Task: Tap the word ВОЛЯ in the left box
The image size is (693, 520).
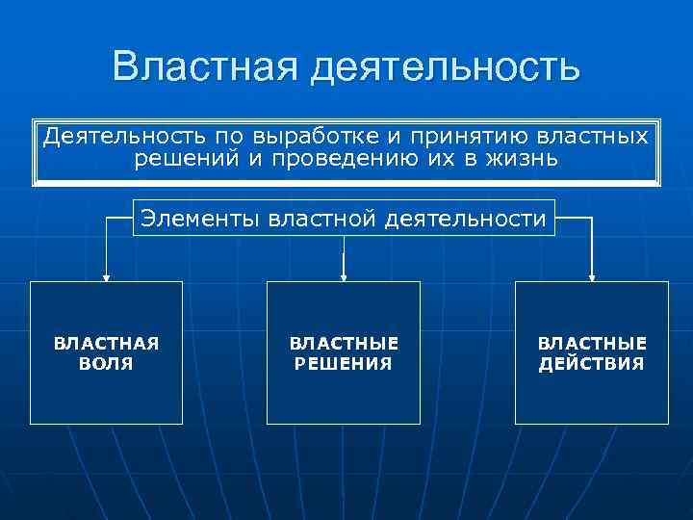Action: [x=106, y=364]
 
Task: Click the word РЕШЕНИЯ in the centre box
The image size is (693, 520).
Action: [x=344, y=364]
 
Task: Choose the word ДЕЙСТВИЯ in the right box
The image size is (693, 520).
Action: [x=592, y=364]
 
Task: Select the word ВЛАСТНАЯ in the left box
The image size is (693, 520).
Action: [x=106, y=344]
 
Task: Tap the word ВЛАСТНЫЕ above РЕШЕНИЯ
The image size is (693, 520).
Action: [x=344, y=344]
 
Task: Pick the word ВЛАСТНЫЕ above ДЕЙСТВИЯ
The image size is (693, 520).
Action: [x=592, y=344]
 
